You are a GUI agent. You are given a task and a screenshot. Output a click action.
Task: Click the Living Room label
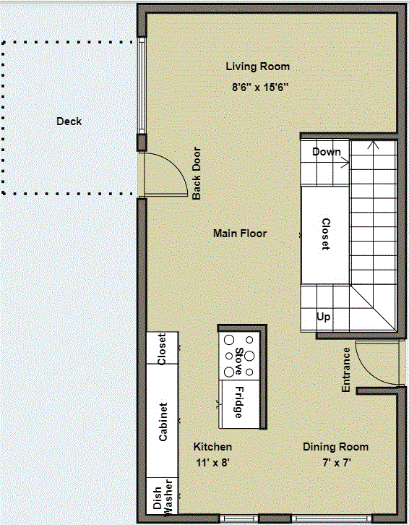click(258, 67)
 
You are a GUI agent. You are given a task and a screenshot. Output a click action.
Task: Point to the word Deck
click(69, 121)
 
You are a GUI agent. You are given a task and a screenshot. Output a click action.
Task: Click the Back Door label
click(197, 174)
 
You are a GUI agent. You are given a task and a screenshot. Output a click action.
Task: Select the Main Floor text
click(240, 234)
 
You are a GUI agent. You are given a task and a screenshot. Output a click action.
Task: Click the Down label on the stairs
click(326, 152)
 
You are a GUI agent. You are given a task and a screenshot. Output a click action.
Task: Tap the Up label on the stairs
click(324, 317)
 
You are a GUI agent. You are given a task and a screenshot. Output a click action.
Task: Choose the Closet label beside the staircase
click(325, 234)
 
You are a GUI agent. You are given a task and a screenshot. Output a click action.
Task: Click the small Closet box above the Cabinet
click(163, 349)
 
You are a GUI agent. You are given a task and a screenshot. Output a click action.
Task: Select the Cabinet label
click(163, 422)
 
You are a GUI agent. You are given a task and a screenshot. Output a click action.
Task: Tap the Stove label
click(238, 362)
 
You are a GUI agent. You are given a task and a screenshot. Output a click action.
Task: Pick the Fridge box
click(238, 403)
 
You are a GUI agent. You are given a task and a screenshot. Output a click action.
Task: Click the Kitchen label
click(213, 447)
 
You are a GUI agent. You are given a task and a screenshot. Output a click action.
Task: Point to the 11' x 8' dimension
click(213, 462)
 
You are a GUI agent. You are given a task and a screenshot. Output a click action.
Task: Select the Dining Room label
click(335, 447)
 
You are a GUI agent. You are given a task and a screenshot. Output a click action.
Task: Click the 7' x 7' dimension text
click(335, 462)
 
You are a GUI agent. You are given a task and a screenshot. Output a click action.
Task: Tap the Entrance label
click(346, 370)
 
